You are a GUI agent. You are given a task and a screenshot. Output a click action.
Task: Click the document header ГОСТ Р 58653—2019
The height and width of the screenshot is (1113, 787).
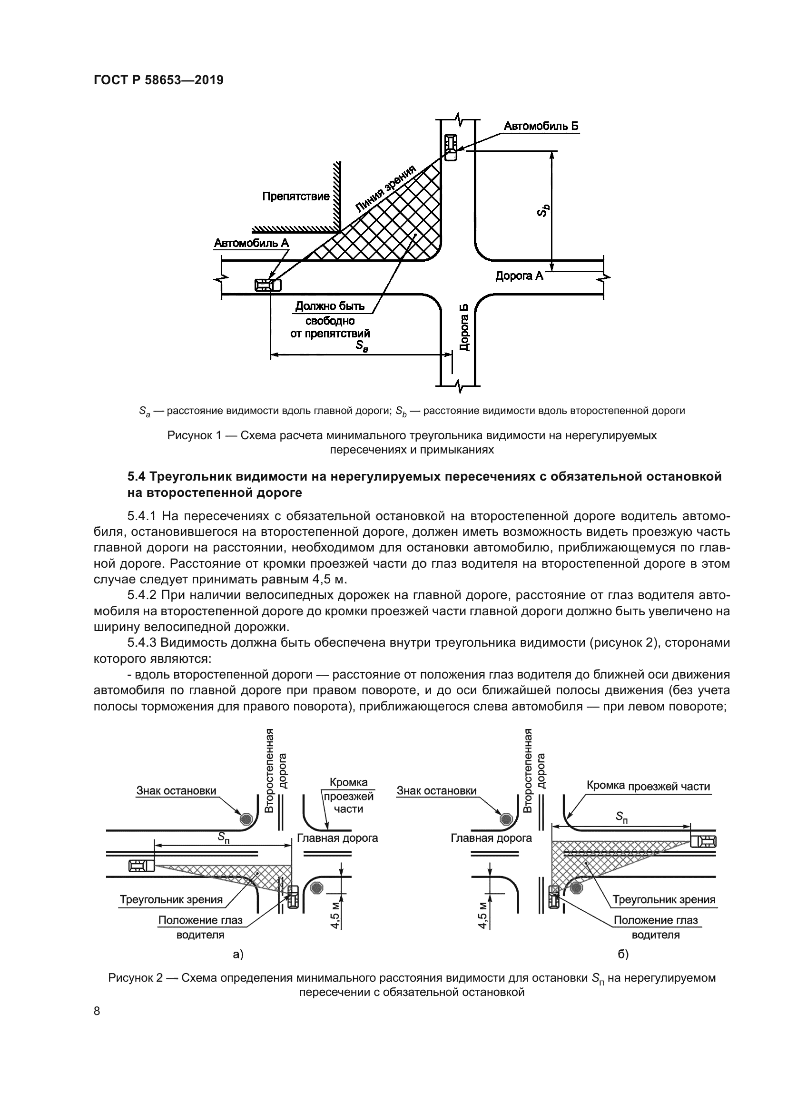pos(158,80)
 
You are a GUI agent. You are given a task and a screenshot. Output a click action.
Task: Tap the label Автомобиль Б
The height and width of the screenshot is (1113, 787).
pos(541,127)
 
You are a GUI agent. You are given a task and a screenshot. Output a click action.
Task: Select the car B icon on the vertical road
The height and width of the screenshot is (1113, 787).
pos(451,147)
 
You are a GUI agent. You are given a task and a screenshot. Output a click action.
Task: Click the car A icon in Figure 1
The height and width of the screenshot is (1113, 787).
pos(268,285)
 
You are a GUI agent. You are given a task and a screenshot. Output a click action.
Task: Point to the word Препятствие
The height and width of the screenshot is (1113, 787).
pos(295,197)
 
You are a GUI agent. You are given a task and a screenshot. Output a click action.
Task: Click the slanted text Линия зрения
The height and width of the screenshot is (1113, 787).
pos(386,189)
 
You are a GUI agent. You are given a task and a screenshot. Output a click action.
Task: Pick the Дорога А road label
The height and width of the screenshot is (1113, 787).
pos(519,276)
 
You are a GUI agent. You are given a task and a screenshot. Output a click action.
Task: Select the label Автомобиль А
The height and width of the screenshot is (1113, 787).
pos(251,243)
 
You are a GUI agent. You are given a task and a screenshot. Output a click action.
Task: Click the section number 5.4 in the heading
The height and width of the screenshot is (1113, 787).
pos(137,476)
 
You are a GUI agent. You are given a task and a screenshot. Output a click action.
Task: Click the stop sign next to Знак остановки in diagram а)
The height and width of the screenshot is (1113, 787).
pos(246,819)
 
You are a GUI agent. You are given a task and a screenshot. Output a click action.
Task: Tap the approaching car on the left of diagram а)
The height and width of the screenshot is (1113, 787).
pos(141,865)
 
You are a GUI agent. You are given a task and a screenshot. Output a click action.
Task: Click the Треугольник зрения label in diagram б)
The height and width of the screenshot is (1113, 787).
pos(663,900)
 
